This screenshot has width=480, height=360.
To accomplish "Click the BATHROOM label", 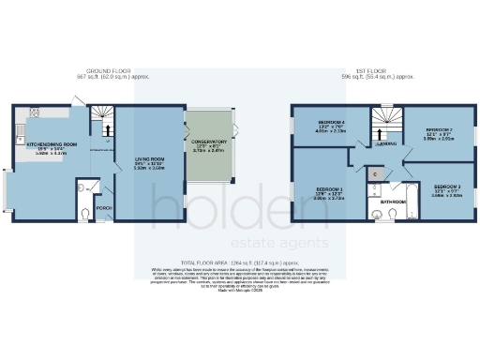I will pyautogui.click(x=392, y=201).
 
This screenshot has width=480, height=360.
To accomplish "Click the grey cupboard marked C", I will pyautogui.click(x=373, y=174).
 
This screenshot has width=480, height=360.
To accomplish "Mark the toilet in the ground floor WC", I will pyautogui.click(x=84, y=214).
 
